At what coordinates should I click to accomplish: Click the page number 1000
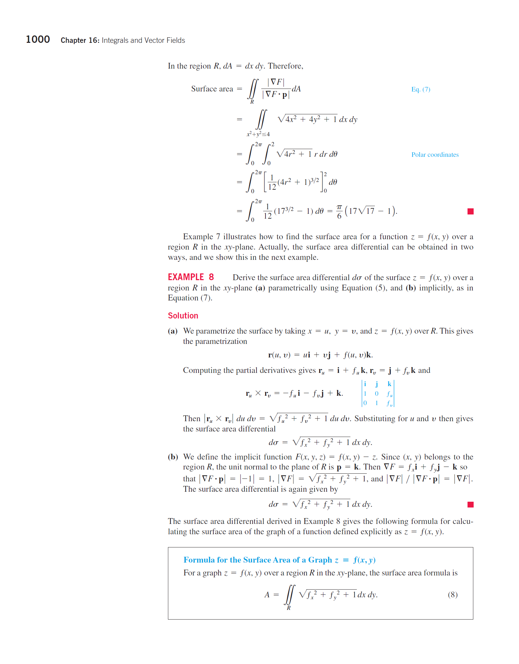38,40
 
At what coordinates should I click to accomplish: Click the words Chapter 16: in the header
80,40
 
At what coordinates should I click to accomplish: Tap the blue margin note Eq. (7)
421,89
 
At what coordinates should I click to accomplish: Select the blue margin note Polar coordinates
435,155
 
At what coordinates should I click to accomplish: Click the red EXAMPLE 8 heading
190,277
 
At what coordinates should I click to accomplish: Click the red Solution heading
183,316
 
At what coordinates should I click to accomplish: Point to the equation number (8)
452,594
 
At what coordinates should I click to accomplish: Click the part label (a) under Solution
173,331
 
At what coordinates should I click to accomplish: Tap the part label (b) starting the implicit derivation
173,457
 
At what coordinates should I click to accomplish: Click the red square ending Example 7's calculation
470,211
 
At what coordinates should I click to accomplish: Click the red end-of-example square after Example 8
470,504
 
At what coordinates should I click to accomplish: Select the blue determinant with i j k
378,393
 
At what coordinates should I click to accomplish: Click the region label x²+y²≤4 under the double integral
258,134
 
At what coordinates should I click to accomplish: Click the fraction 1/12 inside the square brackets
272,183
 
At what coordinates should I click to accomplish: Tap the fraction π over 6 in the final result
339,212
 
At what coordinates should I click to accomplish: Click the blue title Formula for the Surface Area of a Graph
257,560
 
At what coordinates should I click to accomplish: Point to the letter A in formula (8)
267,595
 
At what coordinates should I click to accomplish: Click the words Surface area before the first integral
212,89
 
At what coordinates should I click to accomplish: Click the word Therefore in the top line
285,66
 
